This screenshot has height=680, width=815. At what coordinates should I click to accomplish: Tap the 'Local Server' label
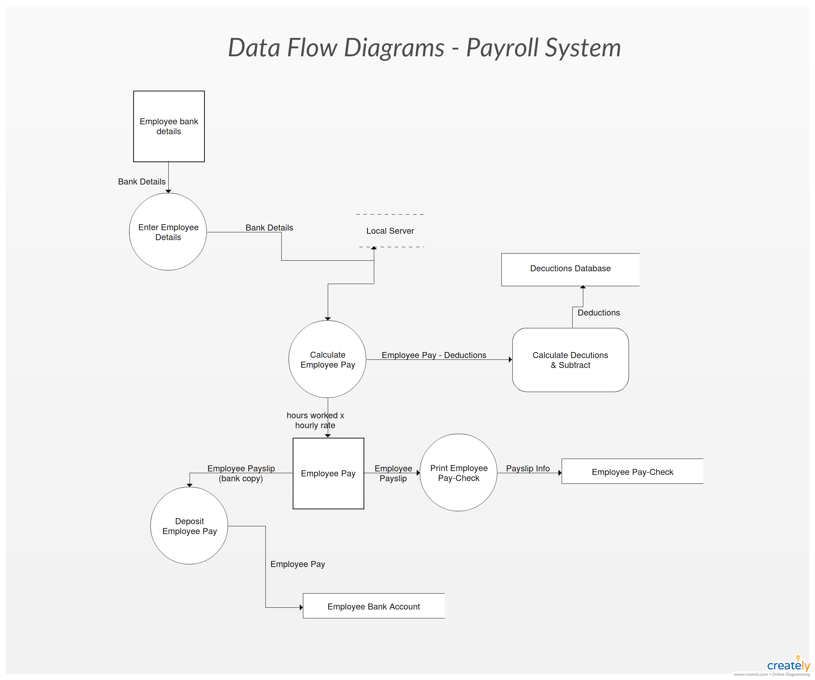(x=390, y=231)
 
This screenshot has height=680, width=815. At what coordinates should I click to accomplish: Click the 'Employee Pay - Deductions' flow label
(x=434, y=355)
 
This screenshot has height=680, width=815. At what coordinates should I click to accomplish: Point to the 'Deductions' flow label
(x=598, y=313)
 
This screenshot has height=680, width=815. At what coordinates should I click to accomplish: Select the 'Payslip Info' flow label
(x=528, y=468)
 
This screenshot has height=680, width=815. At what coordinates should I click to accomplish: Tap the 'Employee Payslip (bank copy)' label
(x=241, y=473)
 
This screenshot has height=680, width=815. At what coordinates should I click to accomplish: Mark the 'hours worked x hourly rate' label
(x=315, y=420)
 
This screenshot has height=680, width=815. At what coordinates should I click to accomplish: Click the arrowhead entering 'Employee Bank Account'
(x=301, y=607)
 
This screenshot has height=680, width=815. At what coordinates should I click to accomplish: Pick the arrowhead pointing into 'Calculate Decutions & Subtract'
(x=510, y=359)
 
